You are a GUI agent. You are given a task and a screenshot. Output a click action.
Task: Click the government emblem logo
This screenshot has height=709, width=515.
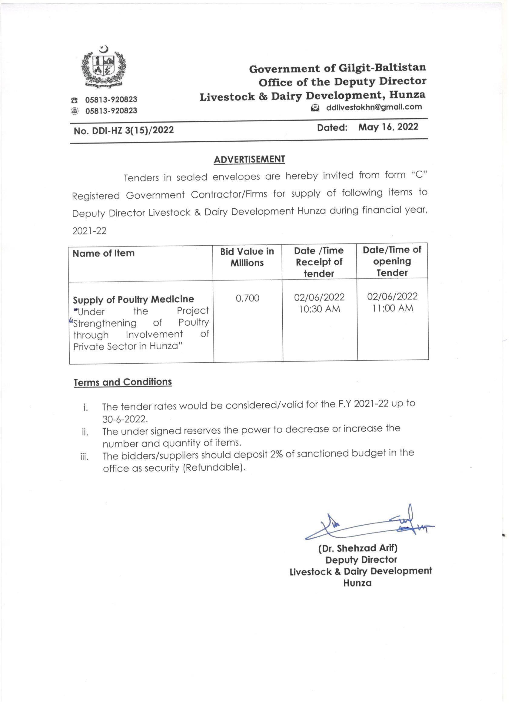(x=104, y=67)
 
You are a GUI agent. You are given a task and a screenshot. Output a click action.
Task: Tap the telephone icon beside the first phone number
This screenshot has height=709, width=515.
(x=74, y=100)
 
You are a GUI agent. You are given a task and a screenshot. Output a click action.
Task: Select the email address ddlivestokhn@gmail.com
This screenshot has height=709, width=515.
(x=374, y=107)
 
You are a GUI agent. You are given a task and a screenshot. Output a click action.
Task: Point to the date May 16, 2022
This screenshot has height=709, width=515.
(x=388, y=127)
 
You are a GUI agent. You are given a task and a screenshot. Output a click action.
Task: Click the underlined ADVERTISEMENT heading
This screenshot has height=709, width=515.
(x=249, y=160)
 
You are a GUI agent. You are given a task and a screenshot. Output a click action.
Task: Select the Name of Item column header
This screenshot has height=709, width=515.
(x=104, y=253)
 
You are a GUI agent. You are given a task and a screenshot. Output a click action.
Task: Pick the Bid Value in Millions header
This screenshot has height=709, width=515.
(x=247, y=257)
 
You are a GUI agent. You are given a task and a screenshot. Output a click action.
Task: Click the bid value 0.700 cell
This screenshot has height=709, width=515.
(x=247, y=298)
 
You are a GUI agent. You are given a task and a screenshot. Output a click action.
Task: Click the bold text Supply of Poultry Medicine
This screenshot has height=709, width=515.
(x=133, y=300)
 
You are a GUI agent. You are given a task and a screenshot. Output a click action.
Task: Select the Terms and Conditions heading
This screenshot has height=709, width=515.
(x=123, y=382)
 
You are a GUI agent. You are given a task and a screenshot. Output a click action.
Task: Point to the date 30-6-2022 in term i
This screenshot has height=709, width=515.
(x=125, y=419)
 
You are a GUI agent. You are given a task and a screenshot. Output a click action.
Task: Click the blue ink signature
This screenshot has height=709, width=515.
(x=368, y=525)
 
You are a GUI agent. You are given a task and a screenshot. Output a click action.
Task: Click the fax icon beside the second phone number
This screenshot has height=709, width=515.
(x=74, y=111)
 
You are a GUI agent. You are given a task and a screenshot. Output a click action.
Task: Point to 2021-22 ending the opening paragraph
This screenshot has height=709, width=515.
(x=89, y=231)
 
